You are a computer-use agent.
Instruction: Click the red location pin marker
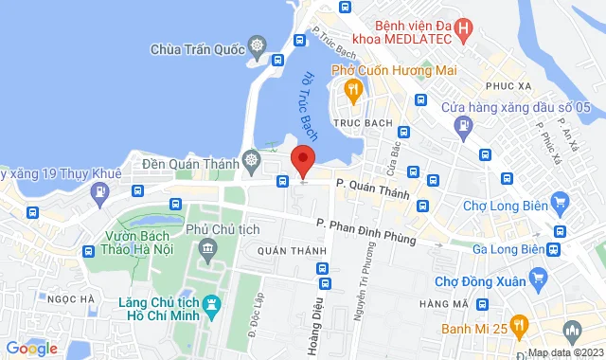302,160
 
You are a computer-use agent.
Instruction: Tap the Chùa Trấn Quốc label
198,46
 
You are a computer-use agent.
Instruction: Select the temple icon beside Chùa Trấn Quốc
257,45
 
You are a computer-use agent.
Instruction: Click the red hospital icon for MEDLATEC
462,29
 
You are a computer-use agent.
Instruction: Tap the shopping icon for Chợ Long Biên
560,201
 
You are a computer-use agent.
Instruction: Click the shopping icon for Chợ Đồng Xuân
540,278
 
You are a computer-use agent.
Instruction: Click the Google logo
31,348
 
